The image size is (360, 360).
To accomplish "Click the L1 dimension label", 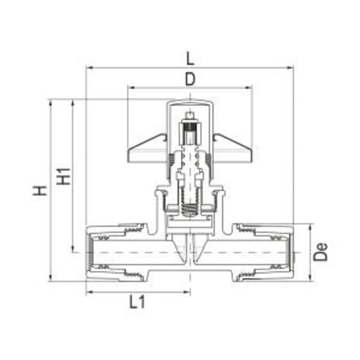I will pos(137,303).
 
